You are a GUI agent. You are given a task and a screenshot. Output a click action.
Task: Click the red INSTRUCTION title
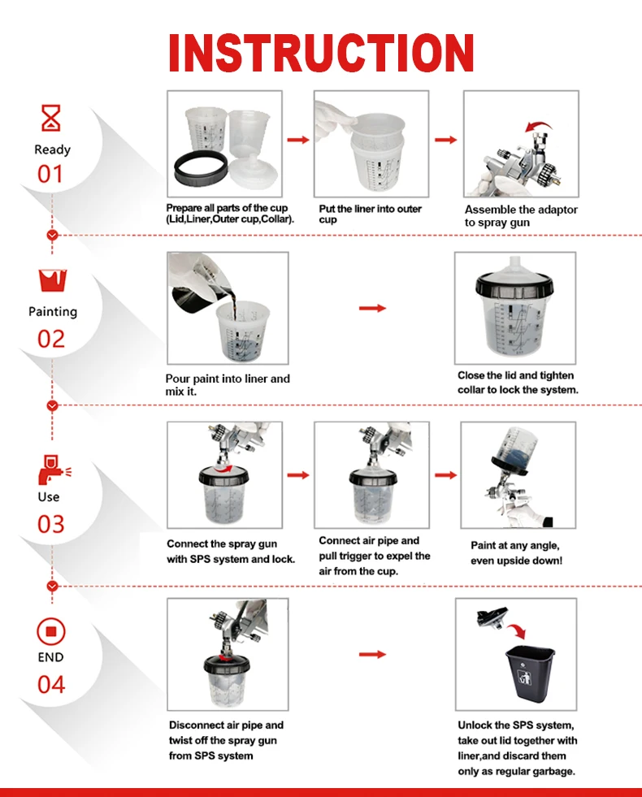pyautogui.click(x=321, y=52)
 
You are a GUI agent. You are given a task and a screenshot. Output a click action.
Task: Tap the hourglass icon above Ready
pyautogui.click(x=51, y=118)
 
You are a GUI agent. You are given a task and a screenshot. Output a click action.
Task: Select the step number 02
pyautogui.click(x=51, y=339)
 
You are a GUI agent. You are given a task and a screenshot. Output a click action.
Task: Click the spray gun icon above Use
pyautogui.click(x=54, y=470)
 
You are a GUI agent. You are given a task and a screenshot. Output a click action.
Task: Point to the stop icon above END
pyautogui.click(x=51, y=631)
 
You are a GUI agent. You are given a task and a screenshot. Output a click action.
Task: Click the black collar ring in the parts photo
pyautogui.click(x=200, y=171)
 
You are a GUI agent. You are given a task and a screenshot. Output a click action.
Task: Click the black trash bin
pyautogui.click(x=529, y=672)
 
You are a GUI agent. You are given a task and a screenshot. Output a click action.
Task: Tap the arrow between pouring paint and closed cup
pyautogui.click(x=372, y=308)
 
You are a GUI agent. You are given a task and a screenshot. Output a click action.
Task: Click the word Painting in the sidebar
pyautogui.click(x=53, y=312)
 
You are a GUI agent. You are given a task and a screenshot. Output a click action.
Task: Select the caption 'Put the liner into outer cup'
pyautogui.click(x=370, y=214)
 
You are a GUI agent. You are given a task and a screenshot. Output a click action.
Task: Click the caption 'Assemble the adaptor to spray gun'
pyautogui.click(x=521, y=216)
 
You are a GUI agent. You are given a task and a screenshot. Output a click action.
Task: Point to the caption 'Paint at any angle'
pyautogui.click(x=515, y=545)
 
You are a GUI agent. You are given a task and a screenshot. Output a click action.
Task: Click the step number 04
pyautogui.click(x=51, y=685)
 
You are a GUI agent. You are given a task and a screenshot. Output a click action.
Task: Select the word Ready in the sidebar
pyautogui.click(x=52, y=149)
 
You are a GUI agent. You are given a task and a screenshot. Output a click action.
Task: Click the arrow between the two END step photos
pyautogui.click(x=372, y=654)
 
